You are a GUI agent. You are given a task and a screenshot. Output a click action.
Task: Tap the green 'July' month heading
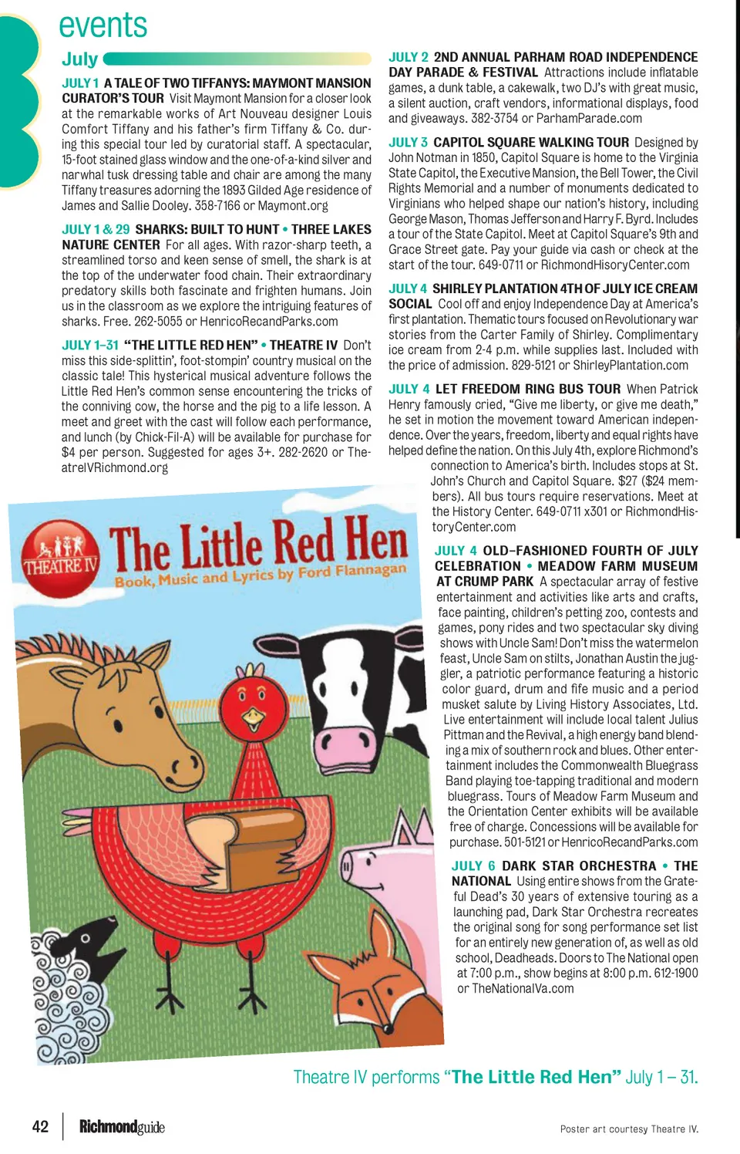80,59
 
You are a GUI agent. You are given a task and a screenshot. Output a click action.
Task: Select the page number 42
41,1126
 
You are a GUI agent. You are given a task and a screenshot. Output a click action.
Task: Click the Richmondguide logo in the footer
122,1127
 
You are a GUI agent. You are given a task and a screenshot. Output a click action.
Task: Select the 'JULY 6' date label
473,866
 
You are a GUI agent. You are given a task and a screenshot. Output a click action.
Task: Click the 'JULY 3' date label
408,143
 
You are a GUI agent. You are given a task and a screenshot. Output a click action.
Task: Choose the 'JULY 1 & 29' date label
96,230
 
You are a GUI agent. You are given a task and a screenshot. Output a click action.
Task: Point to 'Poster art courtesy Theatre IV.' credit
629,1129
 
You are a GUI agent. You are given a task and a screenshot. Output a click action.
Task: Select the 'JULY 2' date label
408,57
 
